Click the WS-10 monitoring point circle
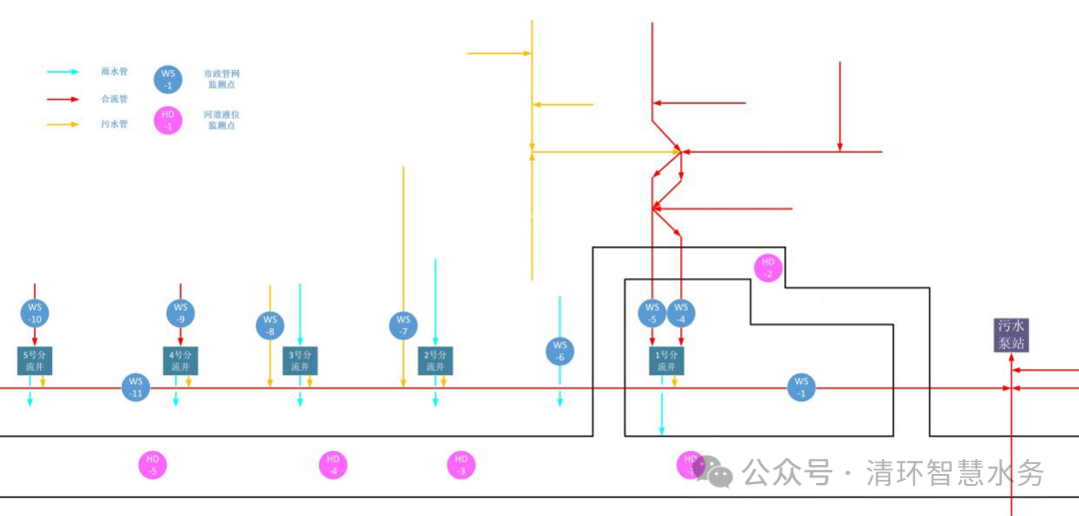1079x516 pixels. pyautogui.click(x=35, y=312)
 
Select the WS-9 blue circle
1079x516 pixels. pyautogui.click(x=181, y=312)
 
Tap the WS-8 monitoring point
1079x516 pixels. pyautogui.click(x=270, y=325)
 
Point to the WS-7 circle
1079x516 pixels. pyautogui.click(x=404, y=325)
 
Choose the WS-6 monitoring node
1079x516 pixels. pyautogui.click(x=559, y=351)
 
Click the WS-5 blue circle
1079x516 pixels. pyautogui.click(x=652, y=313)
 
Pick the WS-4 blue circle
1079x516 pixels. pyautogui.click(x=681, y=313)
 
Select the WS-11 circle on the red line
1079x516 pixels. pyautogui.click(x=136, y=387)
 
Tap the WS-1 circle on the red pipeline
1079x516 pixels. pyautogui.click(x=801, y=387)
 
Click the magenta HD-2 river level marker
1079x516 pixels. pyautogui.click(x=768, y=267)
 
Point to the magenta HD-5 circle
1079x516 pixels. pyautogui.click(x=153, y=465)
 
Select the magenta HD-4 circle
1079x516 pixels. pyautogui.click(x=333, y=465)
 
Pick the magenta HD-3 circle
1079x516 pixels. pyautogui.click(x=461, y=465)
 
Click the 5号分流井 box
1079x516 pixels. pyautogui.click(x=35, y=360)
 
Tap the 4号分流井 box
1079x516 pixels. pyautogui.click(x=181, y=360)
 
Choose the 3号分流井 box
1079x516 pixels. pyautogui.click(x=301, y=360)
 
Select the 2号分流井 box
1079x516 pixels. pyautogui.click(x=435, y=360)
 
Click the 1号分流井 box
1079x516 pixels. pyautogui.click(x=666, y=360)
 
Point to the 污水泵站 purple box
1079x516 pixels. pyautogui.click(x=1011, y=334)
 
